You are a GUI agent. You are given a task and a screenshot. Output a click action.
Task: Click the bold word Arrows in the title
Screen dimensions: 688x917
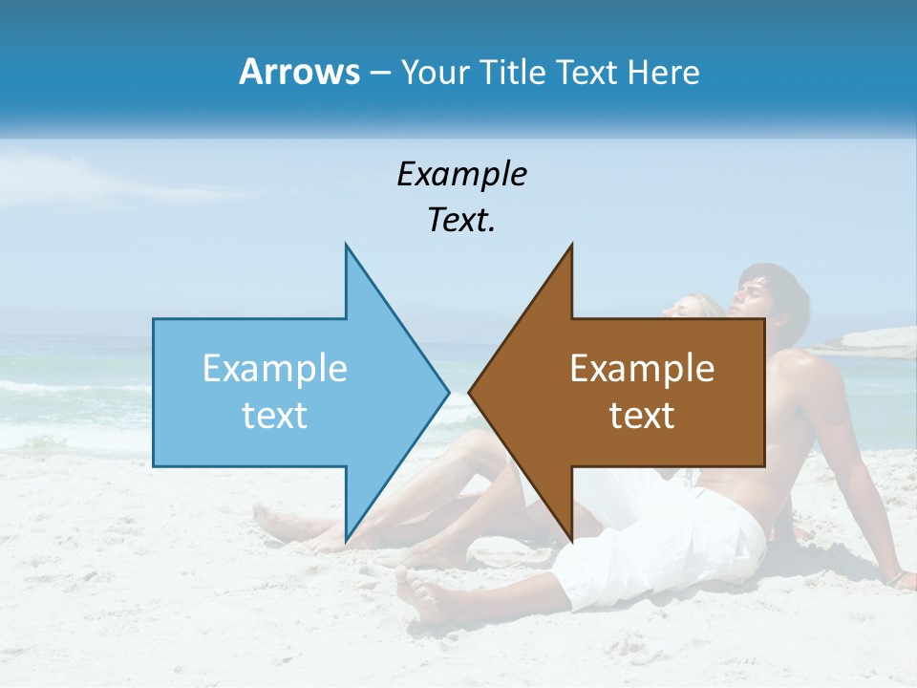point(298,73)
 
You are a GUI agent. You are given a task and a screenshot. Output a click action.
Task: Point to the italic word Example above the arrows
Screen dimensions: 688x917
point(461,174)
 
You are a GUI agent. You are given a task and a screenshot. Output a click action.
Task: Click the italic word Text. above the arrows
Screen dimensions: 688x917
point(461,221)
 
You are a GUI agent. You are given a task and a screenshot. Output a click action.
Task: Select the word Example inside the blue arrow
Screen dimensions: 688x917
point(275,368)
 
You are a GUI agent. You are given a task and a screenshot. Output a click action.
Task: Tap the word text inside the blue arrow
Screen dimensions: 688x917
point(275,416)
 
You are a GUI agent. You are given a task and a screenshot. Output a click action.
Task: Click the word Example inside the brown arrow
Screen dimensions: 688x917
point(642,368)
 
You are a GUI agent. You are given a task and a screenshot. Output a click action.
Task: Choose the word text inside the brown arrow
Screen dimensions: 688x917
point(642,416)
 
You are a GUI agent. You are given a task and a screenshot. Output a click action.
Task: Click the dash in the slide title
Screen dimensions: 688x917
point(378,74)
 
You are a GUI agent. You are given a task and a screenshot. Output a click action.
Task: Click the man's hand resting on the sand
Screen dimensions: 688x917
point(898,577)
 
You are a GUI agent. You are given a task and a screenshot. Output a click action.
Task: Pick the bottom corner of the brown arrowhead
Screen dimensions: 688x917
point(571,538)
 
